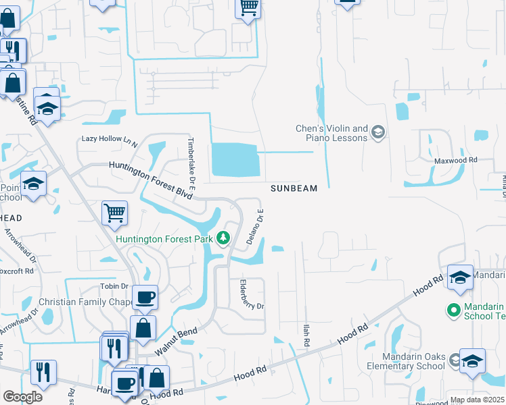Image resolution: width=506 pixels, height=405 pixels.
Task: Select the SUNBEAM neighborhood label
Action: (x=294, y=189)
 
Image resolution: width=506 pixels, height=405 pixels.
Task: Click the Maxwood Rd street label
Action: (x=456, y=161)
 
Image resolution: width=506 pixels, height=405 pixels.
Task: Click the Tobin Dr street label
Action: (x=114, y=286)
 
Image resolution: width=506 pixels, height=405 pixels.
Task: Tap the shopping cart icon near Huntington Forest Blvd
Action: (x=115, y=213)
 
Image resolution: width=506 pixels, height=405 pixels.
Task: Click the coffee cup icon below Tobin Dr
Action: (x=145, y=297)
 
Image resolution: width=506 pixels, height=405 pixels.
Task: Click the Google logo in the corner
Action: (x=22, y=397)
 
